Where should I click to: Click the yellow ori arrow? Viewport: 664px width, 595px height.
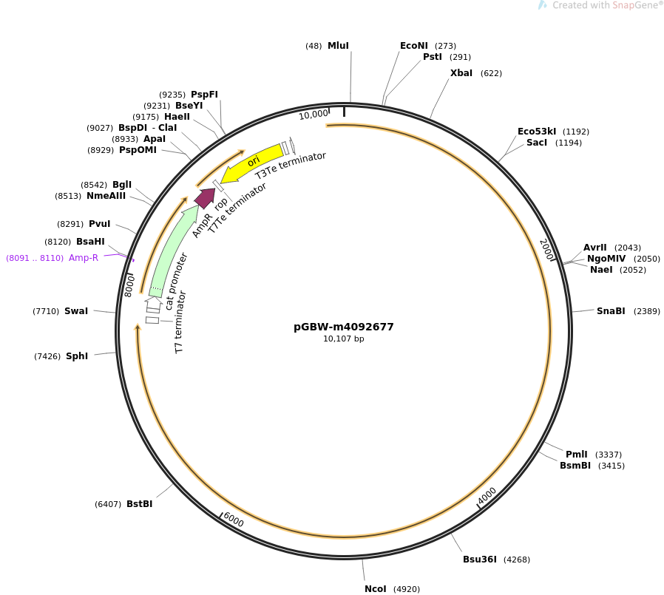tap(252, 163)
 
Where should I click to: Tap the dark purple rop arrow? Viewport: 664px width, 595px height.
tap(206, 197)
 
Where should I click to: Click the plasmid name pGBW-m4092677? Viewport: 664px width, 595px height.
tap(343, 327)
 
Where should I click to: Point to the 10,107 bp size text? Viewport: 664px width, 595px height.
tap(343, 339)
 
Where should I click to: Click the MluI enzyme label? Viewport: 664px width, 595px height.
tap(338, 46)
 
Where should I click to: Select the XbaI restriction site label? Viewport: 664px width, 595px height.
tap(461, 73)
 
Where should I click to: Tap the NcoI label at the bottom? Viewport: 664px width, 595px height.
tap(375, 589)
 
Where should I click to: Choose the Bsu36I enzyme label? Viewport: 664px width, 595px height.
tap(479, 560)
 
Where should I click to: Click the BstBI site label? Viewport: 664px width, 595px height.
tap(139, 504)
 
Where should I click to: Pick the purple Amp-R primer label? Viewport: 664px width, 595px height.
tap(84, 258)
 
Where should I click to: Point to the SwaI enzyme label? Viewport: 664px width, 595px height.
tap(76, 311)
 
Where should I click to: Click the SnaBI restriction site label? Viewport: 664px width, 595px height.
tap(611, 311)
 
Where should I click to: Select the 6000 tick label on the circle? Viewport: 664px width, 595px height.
tap(234, 520)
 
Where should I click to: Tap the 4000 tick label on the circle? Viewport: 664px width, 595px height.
tap(487, 496)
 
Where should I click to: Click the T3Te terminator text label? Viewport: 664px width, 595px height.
tap(291, 166)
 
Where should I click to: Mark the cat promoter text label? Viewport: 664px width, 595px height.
tap(176, 282)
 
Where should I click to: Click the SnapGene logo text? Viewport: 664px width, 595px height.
tap(634, 5)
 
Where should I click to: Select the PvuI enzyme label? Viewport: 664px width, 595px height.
tap(100, 224)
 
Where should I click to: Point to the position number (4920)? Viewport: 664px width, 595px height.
tap(407, 589)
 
